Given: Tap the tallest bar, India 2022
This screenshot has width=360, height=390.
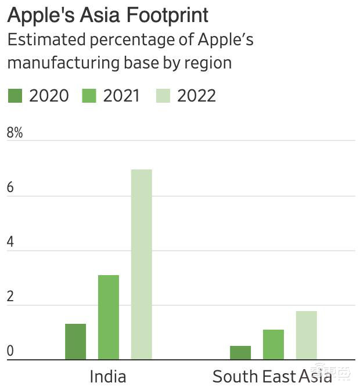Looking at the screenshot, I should point(142,264).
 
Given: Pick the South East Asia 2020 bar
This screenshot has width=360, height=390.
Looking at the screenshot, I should point(240,352).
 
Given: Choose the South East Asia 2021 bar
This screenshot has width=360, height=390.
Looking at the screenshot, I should point(273,344).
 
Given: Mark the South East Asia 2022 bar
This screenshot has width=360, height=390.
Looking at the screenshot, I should point(307,335).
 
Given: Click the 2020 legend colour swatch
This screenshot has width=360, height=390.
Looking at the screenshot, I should point(15,96).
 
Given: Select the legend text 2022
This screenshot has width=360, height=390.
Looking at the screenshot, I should point(196,96).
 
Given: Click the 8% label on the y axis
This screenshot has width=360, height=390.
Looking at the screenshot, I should point(15,133).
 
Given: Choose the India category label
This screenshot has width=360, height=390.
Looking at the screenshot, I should point(108,377).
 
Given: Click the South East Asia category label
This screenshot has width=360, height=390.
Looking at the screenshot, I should point(272,377).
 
